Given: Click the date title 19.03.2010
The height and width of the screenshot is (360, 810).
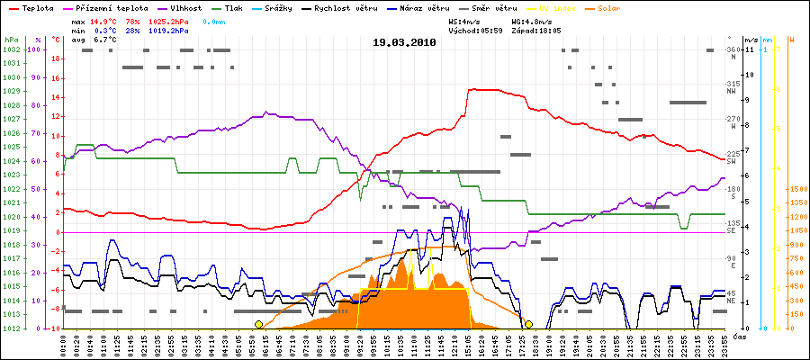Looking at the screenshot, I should pyautogui.click(x=404, y=42).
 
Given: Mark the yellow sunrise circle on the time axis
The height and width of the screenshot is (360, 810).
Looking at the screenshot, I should pyautogui.click(x=258, y=324).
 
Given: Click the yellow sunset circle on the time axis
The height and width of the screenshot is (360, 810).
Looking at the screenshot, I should pyautogui.click(x=529, y=324).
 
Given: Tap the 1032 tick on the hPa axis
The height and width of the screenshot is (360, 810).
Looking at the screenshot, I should pyautogui.click(x=11, y=49).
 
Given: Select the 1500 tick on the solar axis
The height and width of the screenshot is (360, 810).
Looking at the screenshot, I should pyautogui.click(x=797, y=189).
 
